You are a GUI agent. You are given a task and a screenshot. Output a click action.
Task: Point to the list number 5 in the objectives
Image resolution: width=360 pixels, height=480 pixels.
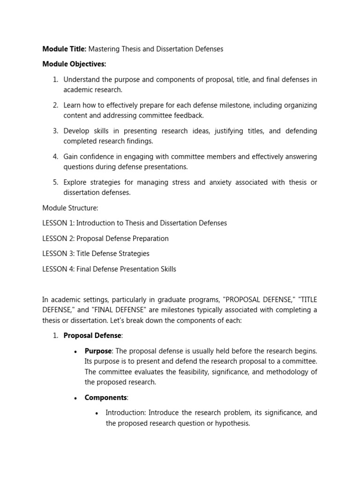tap(55, 182)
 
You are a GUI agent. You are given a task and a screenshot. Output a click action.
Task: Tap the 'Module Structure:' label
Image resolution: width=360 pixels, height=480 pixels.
tap(70, 208)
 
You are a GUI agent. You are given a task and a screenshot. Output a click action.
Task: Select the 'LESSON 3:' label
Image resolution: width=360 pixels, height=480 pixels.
tap(59, 254)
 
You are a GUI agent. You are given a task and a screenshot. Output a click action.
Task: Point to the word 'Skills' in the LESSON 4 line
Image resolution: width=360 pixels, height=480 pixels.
tap(166, 269)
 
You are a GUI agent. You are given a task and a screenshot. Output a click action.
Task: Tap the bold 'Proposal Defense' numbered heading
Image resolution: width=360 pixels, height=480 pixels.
tap(92, 336)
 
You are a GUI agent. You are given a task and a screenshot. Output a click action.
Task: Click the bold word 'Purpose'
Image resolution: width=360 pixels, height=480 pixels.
tap(98, 351)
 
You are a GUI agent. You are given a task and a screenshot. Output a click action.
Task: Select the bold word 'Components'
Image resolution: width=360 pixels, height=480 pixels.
tap(105, 397)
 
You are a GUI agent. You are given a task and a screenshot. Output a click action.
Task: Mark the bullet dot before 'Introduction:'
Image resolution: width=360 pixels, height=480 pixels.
tap(97, 413)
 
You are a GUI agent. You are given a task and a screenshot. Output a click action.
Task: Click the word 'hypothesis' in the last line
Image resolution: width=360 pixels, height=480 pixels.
tap(232, 423)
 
